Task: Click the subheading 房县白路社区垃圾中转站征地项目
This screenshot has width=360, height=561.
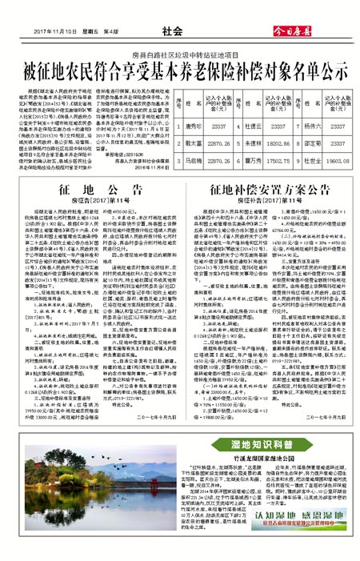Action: pyautogui.click(x=179, y=50)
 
